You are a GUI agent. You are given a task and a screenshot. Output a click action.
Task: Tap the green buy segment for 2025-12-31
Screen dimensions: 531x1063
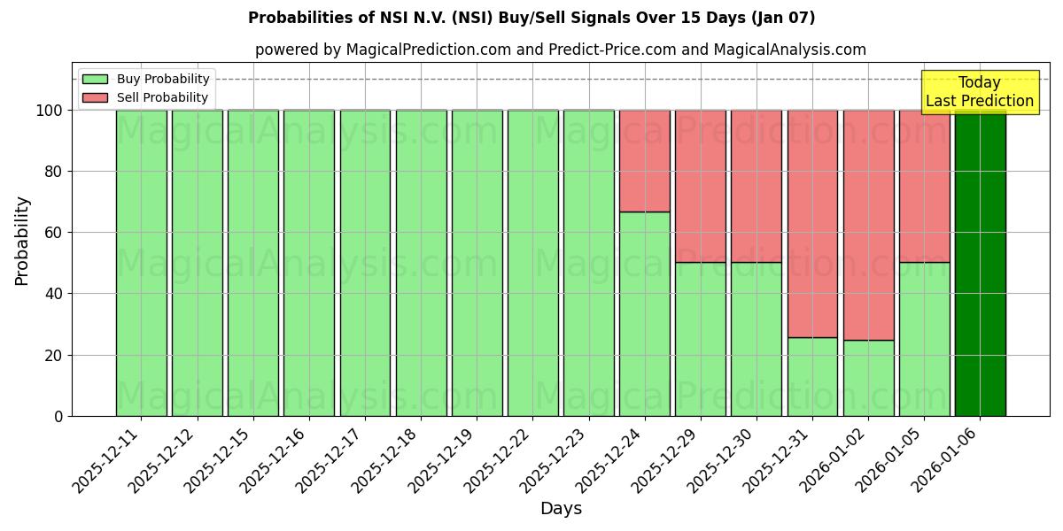pos(812,376)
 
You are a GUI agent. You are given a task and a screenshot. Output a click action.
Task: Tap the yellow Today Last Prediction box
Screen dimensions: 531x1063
pos(979,92)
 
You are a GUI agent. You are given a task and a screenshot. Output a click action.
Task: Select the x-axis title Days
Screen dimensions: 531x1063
pos(561,509)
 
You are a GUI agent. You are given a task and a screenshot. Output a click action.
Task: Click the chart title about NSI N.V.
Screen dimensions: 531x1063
pos(531,18)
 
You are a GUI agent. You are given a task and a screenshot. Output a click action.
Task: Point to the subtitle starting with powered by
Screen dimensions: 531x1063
pos(560,50)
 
